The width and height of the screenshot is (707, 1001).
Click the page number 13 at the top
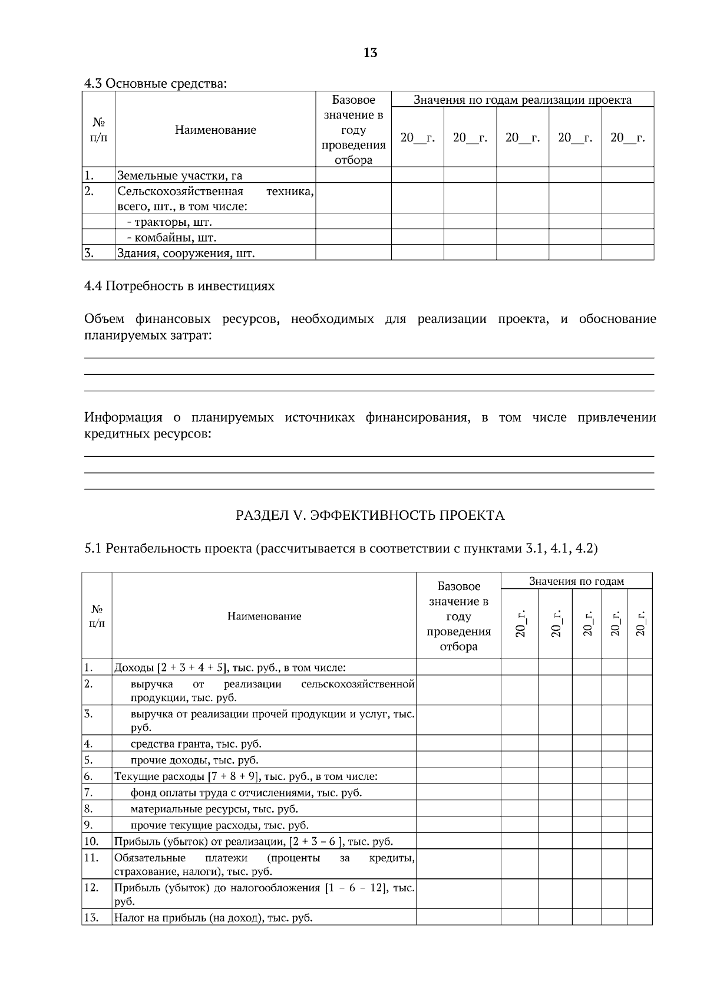click(370, 53)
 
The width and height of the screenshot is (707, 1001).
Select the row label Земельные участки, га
click(180, 175)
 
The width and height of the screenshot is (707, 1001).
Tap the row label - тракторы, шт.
click(169, 222)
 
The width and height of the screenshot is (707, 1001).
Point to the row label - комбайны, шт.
click(171, 238)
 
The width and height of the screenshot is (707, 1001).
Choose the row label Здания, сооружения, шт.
click(186, 253)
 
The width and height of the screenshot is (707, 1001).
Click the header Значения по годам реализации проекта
click(522, 100)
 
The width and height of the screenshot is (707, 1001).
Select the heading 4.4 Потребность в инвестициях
click(179, 287)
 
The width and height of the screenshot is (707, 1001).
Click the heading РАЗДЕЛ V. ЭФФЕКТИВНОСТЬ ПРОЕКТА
click(370, 515)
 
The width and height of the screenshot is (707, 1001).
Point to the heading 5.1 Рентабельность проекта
click(341, 548)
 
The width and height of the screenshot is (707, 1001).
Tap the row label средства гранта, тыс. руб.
click(196, 743)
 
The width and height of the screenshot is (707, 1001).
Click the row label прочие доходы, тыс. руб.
click(194, 760)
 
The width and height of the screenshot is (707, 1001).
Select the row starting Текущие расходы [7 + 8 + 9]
click(245, 776)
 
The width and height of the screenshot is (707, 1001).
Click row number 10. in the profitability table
click(91, 841)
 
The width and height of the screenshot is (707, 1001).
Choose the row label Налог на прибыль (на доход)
click(213, 918)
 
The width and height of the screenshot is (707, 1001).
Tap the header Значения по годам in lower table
click(576, 581)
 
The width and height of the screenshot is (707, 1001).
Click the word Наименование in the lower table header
click(264, 616)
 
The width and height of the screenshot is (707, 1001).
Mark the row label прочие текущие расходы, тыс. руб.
click(219, 825)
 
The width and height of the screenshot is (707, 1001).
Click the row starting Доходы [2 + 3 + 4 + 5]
click(229, 668)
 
